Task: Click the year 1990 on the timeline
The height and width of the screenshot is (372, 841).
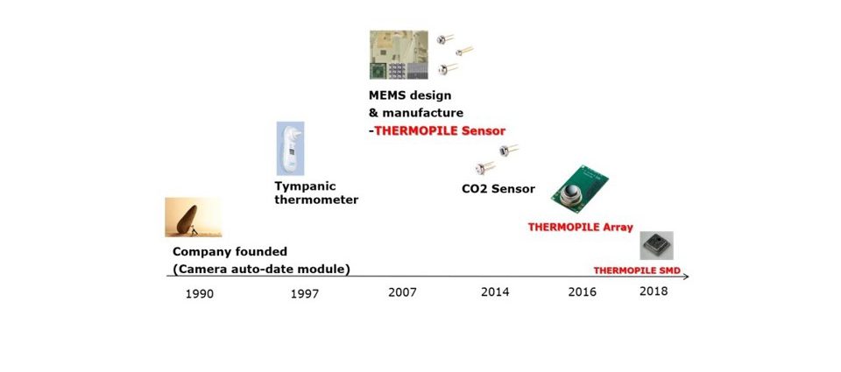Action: point(200,294)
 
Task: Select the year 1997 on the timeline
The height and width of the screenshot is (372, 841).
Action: point(305,294)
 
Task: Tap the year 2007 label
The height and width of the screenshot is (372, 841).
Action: point(402,292)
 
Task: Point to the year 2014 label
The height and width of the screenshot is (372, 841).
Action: point(495,292)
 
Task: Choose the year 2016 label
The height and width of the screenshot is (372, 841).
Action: point(582,292)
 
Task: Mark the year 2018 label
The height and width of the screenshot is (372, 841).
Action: point(654,291)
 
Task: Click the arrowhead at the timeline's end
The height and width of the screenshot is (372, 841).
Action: point(687,277)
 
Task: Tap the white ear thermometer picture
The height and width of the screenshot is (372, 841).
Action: point(290,149)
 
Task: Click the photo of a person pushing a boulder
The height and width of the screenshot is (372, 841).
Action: point(193,217)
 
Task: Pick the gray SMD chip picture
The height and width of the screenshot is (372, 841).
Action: point(656,245)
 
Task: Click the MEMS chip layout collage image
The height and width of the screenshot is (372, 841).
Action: point(399,54)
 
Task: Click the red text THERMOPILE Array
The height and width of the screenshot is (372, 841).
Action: point(580,228)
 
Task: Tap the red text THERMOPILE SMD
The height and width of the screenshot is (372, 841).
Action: point(637,270)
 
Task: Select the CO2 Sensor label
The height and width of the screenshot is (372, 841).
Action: point(498,189)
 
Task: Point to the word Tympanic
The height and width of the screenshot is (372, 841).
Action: point(305,187)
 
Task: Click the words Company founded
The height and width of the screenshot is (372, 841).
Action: point(230,251)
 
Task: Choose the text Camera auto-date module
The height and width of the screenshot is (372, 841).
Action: point(262,269)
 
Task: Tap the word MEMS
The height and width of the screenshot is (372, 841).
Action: point(386,95)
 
